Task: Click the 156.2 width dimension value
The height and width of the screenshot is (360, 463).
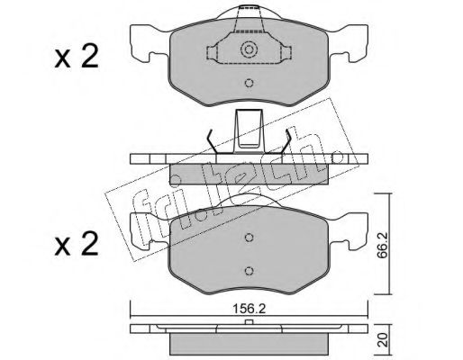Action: coord(250,309)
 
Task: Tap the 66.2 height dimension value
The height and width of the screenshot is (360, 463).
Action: coord(381,245)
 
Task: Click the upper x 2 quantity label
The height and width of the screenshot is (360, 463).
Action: coord(77,56)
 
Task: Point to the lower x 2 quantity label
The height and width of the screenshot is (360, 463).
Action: coord(77,244)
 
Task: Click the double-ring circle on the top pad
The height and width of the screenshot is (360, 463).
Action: coord(249,49)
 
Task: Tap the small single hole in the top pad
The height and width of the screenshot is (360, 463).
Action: coord(249,83)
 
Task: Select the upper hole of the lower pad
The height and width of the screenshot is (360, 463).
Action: coord(249,238)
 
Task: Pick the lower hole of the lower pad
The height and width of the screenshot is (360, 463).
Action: coord(249,271)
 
